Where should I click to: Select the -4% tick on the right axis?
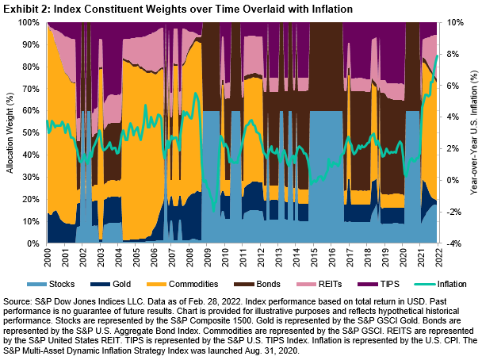pyautogui.click(x=453, y=243)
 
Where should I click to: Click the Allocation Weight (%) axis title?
pyautogui.click(x=10, y=133)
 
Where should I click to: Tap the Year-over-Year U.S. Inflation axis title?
pyautogui.click(x=473, y=133)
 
